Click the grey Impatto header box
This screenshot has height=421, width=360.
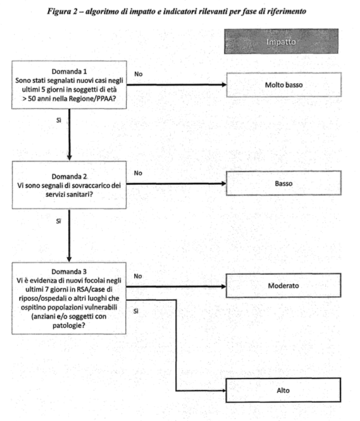tap(281, 41)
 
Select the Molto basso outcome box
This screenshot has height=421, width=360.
tap(284, 85)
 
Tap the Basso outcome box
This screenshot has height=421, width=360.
tap(283, 183)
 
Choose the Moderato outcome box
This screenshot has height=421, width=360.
tap(283, 286)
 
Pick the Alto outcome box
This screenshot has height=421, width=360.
tap(283, 390)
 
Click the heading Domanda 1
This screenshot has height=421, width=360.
tap(69, 72)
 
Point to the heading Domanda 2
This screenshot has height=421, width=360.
tap(69, 177)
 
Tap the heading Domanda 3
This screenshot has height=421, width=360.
tap(69, 272)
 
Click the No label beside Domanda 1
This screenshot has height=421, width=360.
tap(139, 74)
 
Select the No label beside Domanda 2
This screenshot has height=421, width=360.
tap(138, 173)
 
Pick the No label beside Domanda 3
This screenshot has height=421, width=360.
tap(138, 276)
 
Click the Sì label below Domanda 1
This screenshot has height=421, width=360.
tap(59, 120)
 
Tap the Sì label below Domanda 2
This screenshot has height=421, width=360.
tap(58, 221)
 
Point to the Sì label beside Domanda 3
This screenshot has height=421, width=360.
tap(136, 311)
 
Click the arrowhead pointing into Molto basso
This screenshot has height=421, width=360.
tap(224, 85)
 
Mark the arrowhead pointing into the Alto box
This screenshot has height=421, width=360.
tap(223, 391)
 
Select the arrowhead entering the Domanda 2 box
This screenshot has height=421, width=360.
tap(69, 158)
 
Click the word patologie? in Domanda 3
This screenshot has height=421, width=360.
tap(69, 325)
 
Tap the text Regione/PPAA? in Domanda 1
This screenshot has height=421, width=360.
tap(92, 99)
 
